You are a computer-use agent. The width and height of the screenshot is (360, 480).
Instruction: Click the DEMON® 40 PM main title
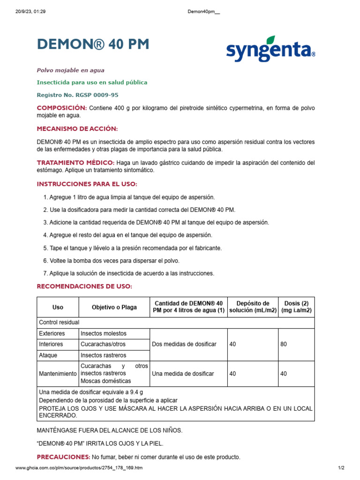[93, 45]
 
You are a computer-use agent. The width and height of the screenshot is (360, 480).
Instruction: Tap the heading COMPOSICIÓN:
[61, 108]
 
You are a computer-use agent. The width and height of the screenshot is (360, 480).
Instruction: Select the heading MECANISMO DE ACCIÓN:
[77, 129]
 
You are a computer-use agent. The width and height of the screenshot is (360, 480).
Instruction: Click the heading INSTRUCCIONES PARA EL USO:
[87, 184]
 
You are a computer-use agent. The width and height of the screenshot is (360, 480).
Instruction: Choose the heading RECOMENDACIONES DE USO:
[84, 286]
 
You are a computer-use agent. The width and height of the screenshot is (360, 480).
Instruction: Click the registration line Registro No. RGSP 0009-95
[77, 95]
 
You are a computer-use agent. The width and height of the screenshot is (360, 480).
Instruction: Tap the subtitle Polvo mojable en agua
[70, 70]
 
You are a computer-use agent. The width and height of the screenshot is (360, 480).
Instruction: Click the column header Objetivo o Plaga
[114, 307]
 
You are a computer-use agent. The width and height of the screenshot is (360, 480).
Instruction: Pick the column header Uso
[58, 307]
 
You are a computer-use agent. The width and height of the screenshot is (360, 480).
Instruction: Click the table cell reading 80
[284, 344]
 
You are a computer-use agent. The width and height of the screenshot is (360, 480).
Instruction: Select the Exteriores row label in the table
[52, 333]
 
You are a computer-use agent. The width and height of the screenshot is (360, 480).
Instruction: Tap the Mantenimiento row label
[58, 374]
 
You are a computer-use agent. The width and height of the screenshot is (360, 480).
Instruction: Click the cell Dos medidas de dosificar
[184, 344]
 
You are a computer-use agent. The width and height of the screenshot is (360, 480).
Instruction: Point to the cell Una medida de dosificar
[183, 374]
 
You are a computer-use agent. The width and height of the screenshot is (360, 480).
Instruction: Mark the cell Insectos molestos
[104, 333]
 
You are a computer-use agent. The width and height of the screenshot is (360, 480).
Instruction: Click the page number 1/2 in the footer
[341, 468]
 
